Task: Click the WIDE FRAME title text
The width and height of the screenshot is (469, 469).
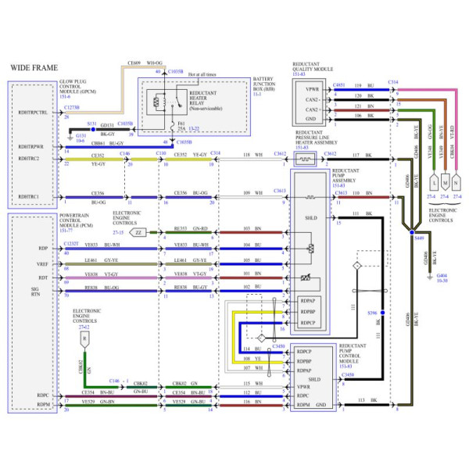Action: (x=33, y=69)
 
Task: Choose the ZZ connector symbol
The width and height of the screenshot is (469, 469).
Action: (x=138, y=232)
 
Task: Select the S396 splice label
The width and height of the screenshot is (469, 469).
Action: (x=371, y=313)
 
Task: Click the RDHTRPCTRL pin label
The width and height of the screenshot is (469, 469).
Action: (x=33, y=113)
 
